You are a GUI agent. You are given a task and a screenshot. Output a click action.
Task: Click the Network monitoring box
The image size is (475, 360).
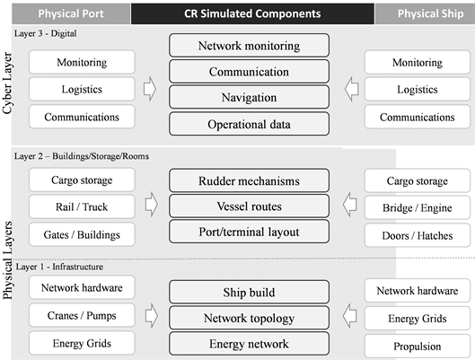(249, 46)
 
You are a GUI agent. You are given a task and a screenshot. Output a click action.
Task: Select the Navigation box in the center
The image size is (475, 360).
(249, 98)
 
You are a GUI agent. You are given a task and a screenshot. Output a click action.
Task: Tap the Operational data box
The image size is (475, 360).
(249, 124)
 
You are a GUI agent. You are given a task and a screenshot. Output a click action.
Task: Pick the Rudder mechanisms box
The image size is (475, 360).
(249, 181)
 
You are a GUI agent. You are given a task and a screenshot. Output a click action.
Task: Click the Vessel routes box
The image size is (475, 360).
(249, 206)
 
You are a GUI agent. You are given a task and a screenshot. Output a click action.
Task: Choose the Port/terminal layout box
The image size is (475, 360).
(249, 232)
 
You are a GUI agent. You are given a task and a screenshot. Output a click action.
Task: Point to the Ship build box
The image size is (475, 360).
(249, 293)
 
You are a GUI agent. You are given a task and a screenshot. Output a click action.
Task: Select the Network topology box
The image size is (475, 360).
(249, 318)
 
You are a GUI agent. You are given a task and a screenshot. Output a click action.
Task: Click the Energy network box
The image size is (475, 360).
(249, 344)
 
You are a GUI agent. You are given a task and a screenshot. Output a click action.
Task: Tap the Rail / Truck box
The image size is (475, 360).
(82, 207)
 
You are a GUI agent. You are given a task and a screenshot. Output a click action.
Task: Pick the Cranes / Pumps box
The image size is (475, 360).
(82, 315)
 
